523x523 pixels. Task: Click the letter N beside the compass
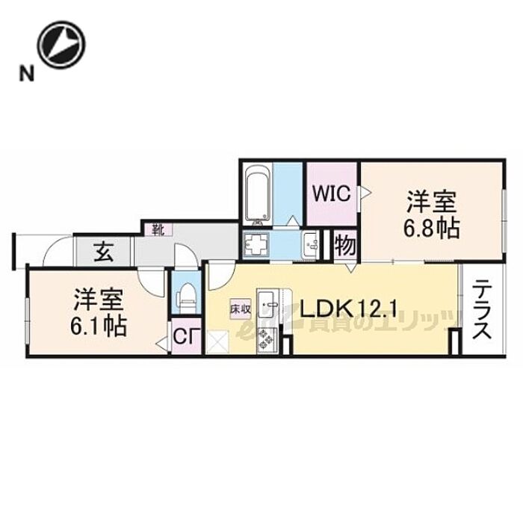tap(26, 73)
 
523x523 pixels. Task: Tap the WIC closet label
tap(331, 194)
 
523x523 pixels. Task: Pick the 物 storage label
tap(344, 245)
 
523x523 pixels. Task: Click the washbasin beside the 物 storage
tap(310, 243)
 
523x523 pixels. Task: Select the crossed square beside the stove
tap(218, 343)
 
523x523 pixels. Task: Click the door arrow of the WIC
tap(365, 194)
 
